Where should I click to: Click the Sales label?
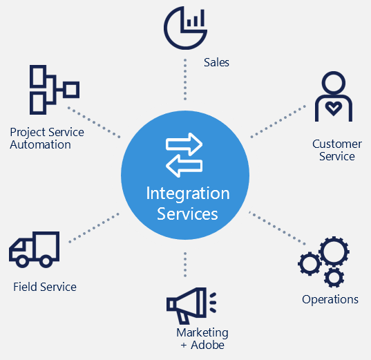[x=216, y=62]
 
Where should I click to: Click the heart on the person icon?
[x=334, y=108]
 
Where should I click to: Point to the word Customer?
[x=337, y=144]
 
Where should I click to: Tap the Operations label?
[x=330, y=299]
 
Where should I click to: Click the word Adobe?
[x=207, y=345]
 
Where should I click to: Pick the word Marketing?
[x=202, y=333]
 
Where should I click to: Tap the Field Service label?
[x=45, y=287]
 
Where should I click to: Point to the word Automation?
[x=40, y=144]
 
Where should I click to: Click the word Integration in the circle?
[x=188, y=193]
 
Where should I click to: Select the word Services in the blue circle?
[x=187, y=214]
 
